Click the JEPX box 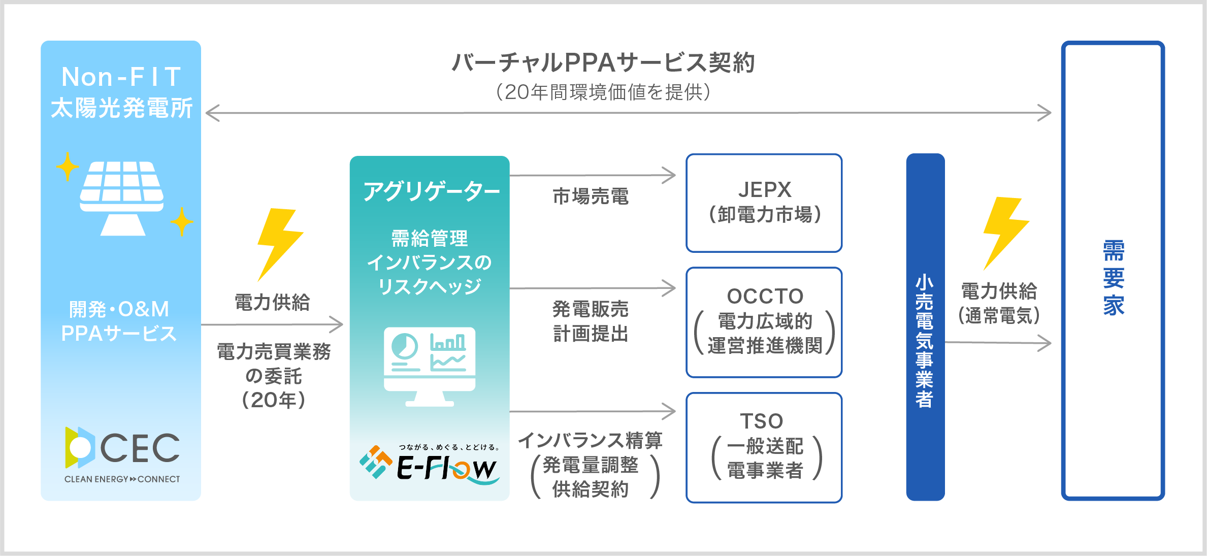pyautogui.click(x=764, y=203)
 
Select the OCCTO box pyautogui.click(x=764, y=322)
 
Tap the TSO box pyautogui.click(x=764, y=447)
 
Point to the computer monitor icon pyautogui.click(x=430, y=366)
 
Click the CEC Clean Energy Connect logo pyautogui.click(x=122, y=454)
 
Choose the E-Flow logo pyautogui.click(x=430, y=463)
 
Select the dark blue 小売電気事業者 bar pyautogui.click(x=925, y=327)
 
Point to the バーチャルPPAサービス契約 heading pyautogui.click(x=603, y=63)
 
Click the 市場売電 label pyautogui.click(x=591, y=197)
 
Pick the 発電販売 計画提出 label pyautogui.click(x=591, y=321)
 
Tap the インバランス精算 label pyautogui.click(x=591, y=440)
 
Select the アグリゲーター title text pyautogui.click(x=431, y=191)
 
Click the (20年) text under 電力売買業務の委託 pyautogui.click(x=274, y=400)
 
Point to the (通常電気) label pyautogui.click(x=999, y=316)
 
